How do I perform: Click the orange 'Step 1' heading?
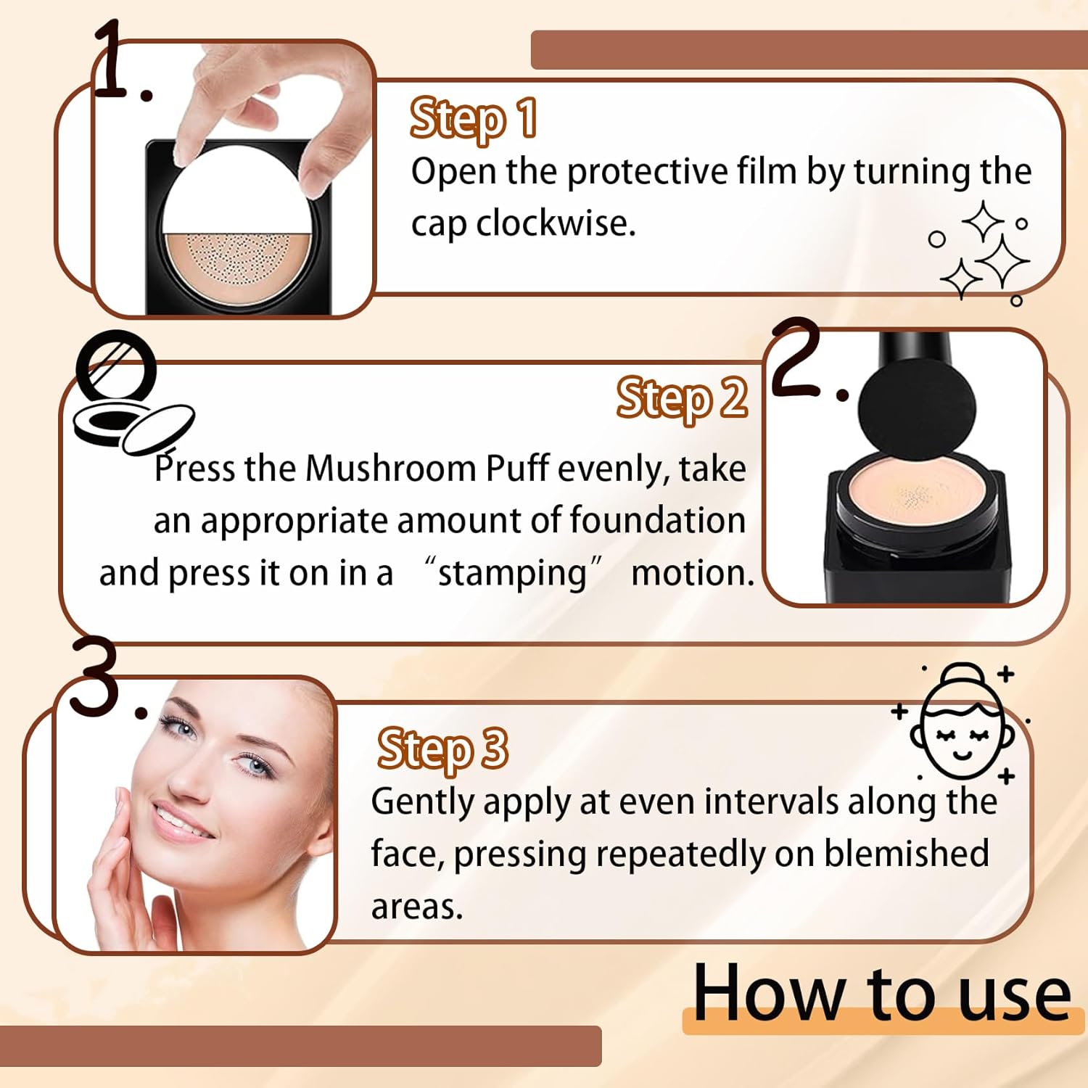click(474, 118)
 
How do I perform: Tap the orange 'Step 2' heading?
click(683, 398)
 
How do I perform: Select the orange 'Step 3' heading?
click(442, 749)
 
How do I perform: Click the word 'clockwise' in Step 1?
click(556, 223)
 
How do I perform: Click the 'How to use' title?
click(882, 993)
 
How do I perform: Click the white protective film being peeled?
click(236, 191)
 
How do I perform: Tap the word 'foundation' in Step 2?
click(657, 520)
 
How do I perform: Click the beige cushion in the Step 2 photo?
click(916, 496)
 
